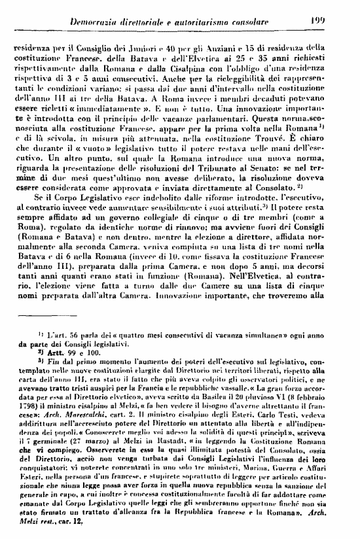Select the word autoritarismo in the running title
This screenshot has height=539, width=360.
pyautogui.click(x=214, y=23)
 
